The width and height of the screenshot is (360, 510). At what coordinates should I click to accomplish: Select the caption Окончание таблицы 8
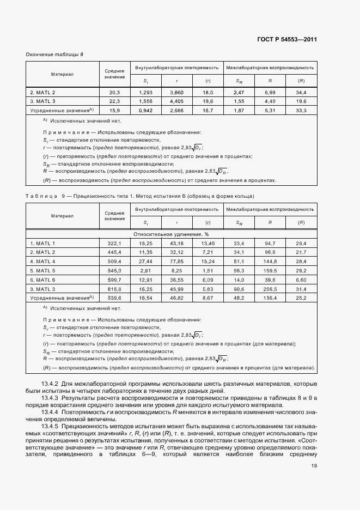pyautogui.click(x=54, y=54)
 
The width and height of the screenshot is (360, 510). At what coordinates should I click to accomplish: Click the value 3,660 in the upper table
pyautogui.click(x=177, y=93)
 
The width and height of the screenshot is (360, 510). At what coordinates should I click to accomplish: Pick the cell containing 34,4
pyautogui.click(x=301, y=93)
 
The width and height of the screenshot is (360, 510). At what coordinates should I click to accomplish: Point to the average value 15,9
pyautogui.click(x=114, y=111)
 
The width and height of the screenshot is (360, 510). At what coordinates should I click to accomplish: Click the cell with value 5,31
pyautogui.click(x=270, y=111)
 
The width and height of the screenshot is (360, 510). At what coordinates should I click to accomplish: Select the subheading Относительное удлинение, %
pyautogui.click(x=172, y=233)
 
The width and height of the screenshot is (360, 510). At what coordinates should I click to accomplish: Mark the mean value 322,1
pyautogui.click(x=114, y=242)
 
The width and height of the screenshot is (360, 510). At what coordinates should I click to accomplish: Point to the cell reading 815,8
pyautogui.click(x=114, y=289)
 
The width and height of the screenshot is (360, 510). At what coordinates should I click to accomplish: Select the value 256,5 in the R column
pyautogui.click(x=270, y=289)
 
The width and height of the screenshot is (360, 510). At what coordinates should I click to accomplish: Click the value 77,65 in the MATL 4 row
pyautogui.click(x=177, y=261)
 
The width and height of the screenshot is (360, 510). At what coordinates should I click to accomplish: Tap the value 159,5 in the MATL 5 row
pyautogui.click(x=270, y=270)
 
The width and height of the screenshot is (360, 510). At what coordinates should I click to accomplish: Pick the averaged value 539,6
pyautogui.click(x=114, y=298)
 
